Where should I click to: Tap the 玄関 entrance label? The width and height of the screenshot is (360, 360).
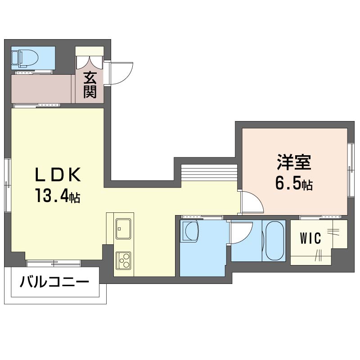[x=90, y=85]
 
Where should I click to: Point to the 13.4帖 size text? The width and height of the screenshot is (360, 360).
[x=57, y=196]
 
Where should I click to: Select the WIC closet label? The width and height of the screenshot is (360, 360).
[x=311, y=238]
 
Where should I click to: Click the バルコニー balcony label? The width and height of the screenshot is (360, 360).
[x=54, y=283]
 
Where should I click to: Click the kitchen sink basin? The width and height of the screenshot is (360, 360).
[x=123, y=229]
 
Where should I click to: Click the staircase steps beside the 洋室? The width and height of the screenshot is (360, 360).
[x=209, y=173]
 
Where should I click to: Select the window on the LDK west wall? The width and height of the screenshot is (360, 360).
[x=7, y=184]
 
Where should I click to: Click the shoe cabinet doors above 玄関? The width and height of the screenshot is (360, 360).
[x=90, y=60]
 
